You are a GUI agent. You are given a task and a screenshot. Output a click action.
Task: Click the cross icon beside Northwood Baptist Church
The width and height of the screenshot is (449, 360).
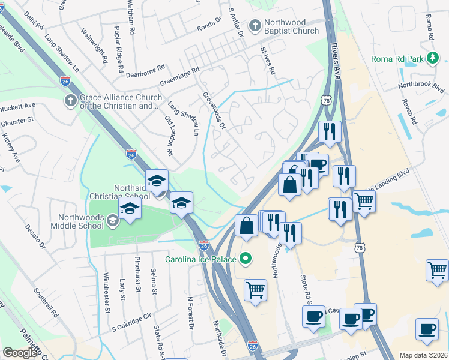tap(255, 26)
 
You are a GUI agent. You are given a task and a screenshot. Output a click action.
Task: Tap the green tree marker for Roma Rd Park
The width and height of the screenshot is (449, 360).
tap(432, 58)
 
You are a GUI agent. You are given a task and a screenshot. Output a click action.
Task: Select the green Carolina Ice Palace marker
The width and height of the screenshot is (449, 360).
tap(245, 260)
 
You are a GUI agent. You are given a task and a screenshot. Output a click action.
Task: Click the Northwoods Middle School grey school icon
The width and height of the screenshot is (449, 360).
tap(112, 222)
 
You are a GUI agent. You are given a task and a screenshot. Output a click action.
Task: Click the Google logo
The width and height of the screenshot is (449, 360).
tap(20, 353)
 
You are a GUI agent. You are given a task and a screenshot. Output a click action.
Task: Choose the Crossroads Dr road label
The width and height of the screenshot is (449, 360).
tap(214, 111)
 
